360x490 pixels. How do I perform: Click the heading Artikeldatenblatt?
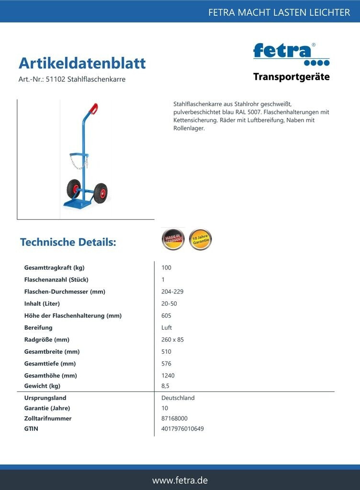(x=82, y=63)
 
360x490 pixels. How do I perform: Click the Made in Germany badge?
(x=173, y=239)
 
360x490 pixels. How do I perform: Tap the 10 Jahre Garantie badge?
(x=200, y=239)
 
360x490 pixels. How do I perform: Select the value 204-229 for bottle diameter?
(x=172, y=291)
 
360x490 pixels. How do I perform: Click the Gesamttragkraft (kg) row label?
(x=54, y=267)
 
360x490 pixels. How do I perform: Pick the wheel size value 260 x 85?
(x=172, y=340)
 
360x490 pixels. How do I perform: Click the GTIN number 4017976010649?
(x=182, y=429)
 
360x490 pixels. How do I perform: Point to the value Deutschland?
(x=178, y=398)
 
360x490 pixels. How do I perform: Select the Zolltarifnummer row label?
(x=48, y=418)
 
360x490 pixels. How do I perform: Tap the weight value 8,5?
(x=166, y=386)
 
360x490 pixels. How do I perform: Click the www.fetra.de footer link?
(x=180, y=480)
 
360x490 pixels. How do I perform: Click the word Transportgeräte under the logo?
(x=291, y=77)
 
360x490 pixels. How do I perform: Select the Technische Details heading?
(x=68, y=242)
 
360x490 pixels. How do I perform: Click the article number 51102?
(x=55, y=79)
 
